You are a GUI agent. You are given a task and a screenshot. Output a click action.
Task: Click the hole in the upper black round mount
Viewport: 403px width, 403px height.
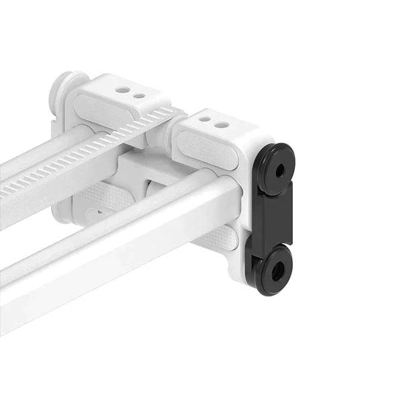tap(279, 171)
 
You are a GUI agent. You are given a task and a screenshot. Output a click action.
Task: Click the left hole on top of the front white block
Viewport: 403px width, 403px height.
tap(205, 119)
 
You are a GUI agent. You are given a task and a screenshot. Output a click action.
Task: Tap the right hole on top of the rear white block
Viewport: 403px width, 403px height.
tap(138, 95)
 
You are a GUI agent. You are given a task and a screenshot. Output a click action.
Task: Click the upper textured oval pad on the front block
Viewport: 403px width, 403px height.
tap(207, 149)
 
